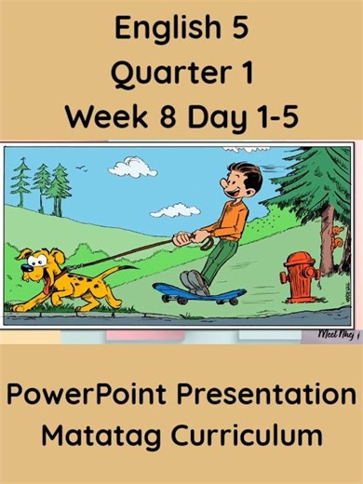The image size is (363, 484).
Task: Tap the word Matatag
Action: tap(101, 436)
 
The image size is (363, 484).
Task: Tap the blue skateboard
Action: tap(197, 293)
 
